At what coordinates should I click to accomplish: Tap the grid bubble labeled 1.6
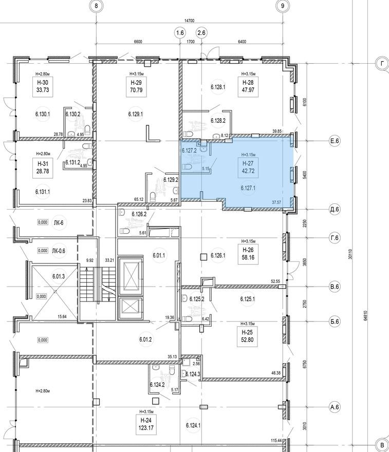tap(179, 33)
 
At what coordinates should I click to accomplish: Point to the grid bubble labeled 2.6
tap(201, 33)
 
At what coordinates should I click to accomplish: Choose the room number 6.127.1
tap(248, 189)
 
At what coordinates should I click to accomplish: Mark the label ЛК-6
tap(59, 223)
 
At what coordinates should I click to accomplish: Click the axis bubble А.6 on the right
tap(335, 407)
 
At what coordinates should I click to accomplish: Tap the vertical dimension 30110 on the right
tap(350, 253)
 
